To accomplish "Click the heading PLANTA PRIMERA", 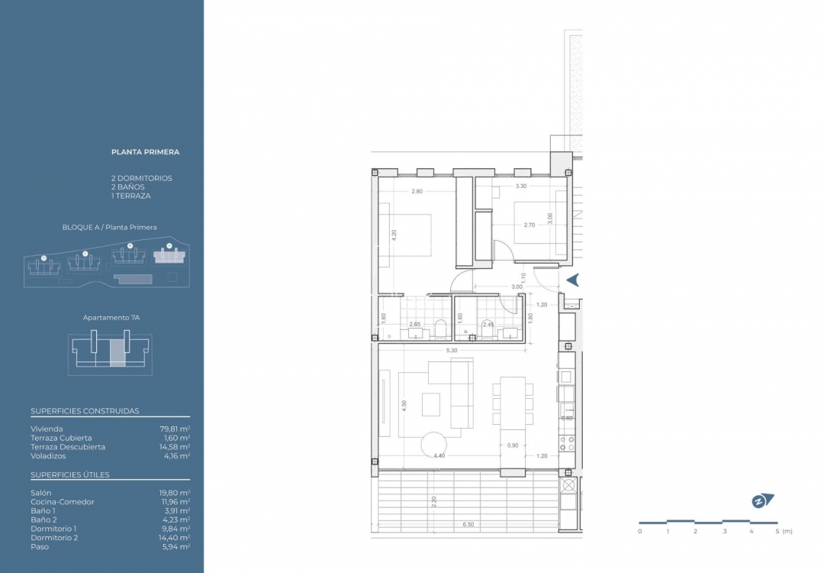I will [145, 152].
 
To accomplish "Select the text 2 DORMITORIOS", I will [141, 178].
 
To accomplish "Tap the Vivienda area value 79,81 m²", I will [175, 429].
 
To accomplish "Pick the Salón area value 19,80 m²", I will [175, 493].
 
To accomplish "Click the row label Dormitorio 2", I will [53, 538].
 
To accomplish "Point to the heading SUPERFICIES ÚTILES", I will [70, 475].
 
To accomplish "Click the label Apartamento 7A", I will [110, 318].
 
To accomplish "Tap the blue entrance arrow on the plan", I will [572, 280].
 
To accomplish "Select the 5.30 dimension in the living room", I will [452, 351].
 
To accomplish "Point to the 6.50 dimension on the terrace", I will [468, 525].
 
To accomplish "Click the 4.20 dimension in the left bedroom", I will [394, 236].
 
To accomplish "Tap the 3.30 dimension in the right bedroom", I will [521, 186].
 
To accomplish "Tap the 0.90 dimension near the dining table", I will [512, 445].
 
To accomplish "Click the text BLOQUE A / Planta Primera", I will [110, 228].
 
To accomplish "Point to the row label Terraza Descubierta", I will [68, 447].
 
